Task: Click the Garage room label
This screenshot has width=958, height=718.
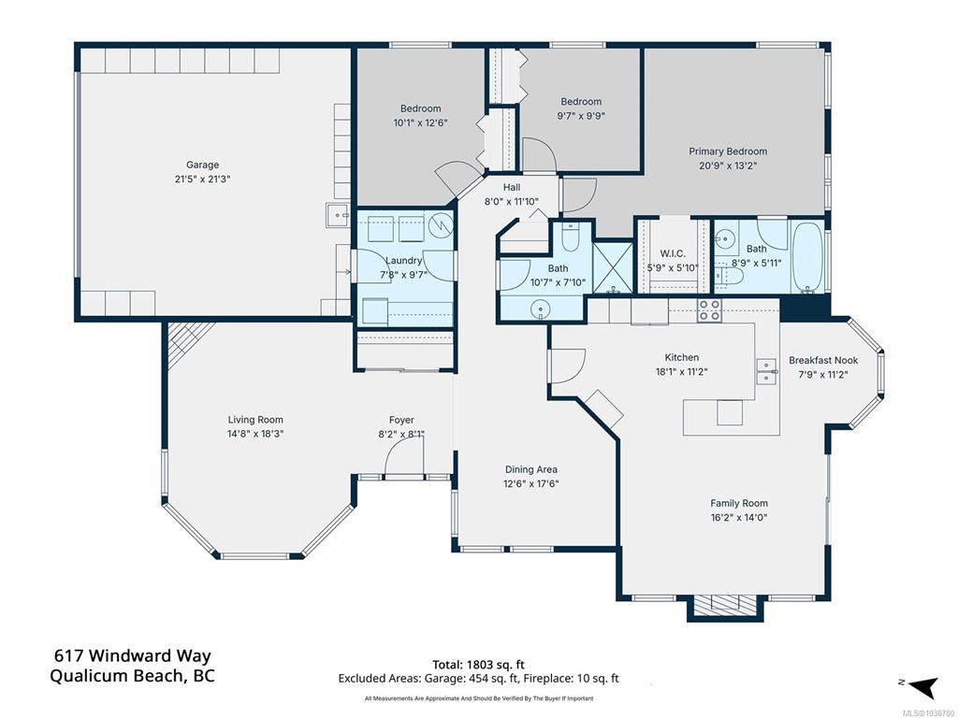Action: (202, 165)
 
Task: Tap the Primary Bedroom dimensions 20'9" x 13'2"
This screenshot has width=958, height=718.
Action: (728, 165)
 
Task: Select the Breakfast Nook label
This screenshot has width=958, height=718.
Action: (823, 360)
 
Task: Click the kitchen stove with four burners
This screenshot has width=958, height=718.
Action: (709, 310)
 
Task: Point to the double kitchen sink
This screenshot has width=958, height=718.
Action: (765, 371)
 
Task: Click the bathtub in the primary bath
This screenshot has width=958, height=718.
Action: (807, 257)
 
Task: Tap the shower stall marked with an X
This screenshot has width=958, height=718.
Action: (613, 267)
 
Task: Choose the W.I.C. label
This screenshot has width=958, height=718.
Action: (673, 253)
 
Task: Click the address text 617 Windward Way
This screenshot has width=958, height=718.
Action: (133, 655)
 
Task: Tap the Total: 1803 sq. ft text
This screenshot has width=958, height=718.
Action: (478, 665)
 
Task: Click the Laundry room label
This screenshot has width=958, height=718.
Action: (404, 261)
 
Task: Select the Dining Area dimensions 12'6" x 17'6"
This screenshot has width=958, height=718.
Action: (531, 484)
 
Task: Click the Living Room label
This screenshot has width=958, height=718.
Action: (255, 420)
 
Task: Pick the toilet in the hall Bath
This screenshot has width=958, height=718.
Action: (570, 238)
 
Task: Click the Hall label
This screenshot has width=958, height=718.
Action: (512, 187)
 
